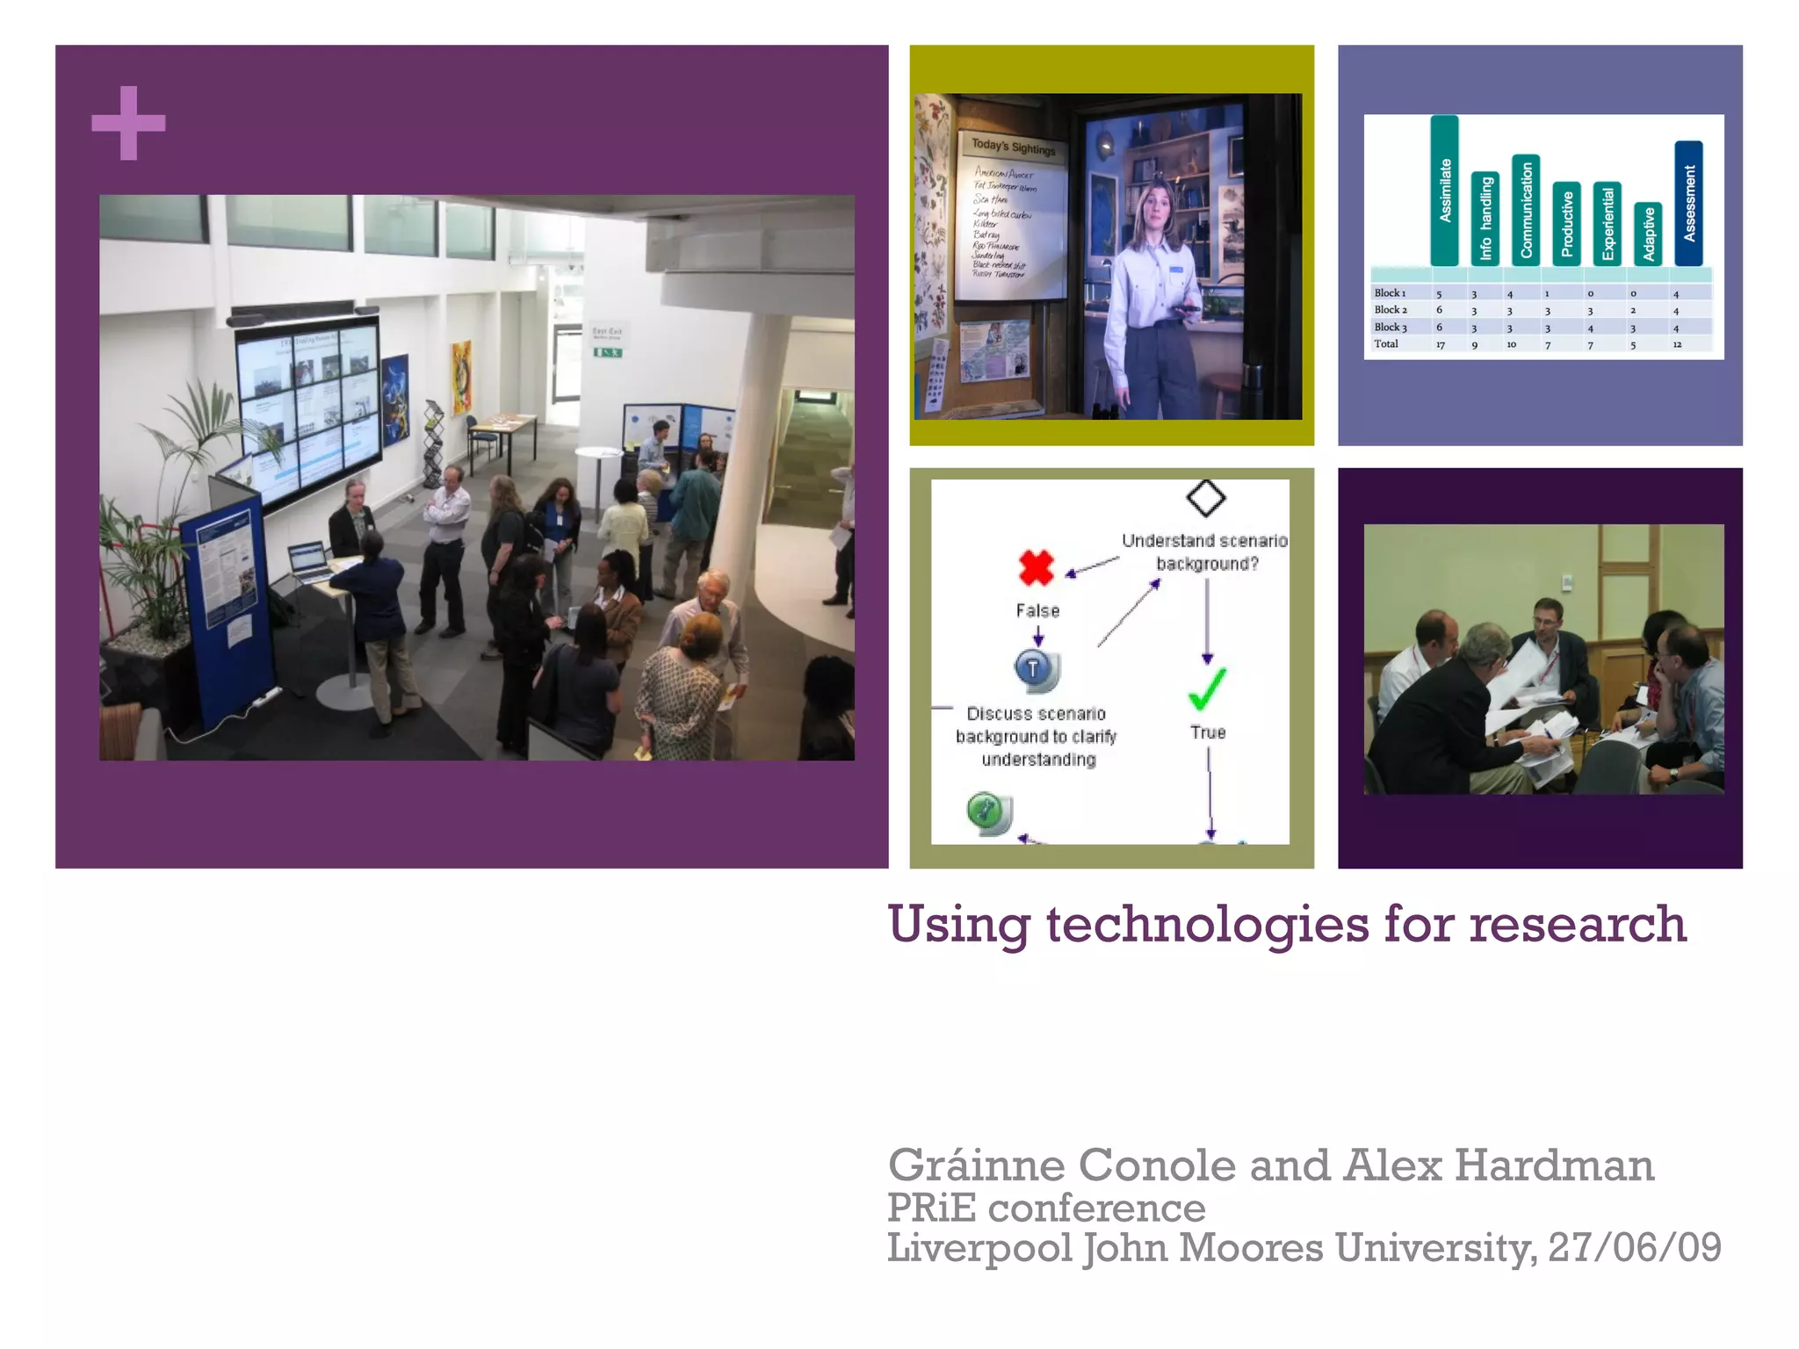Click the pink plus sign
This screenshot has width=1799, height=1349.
coord(128,123)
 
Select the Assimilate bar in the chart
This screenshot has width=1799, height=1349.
coord(1444,191)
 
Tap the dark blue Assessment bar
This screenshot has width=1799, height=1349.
coord(1688,203)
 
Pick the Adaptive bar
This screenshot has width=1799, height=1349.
coord(1648,234)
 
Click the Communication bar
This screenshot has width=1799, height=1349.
coord(1526,210)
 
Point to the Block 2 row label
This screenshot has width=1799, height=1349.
coord(1391,310)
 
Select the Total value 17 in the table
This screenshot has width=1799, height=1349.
coord(1441,345)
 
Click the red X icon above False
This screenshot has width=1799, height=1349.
coord(1037,567)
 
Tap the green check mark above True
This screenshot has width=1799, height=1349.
coord(1207,689)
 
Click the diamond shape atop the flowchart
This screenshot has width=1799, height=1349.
coord(1205,498)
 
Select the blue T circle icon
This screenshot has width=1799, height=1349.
coord(1035,669)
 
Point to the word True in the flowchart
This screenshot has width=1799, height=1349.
coord(1208,732)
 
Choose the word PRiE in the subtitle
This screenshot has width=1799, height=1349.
coord(931,1208)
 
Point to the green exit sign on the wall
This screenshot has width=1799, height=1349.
coord(608,352)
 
